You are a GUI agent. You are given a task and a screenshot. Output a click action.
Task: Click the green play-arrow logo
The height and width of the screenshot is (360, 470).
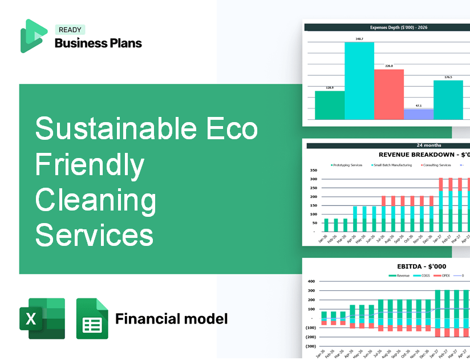tap(33, 36)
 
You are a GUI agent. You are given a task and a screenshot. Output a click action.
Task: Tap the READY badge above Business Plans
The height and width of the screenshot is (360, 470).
tap(70, 30)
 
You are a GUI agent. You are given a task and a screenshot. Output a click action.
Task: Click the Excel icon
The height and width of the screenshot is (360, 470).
tap(42, 318)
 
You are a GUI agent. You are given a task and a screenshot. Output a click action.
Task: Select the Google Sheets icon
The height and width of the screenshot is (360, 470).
tap(92, 318)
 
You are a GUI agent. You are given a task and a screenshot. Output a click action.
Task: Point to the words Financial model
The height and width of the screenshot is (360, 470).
tap(171, 318)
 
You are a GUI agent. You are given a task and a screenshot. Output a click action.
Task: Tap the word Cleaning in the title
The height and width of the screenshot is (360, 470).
tap(96, 200)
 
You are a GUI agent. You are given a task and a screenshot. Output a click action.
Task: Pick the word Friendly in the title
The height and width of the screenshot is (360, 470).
tap(90, 164)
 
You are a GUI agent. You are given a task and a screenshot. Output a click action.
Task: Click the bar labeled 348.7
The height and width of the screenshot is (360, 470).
tap(359, 80)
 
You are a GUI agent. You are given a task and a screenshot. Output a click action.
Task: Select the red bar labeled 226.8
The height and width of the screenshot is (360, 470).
tap(388, 94)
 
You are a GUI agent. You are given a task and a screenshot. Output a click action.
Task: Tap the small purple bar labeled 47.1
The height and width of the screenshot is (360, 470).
tap(418, 114)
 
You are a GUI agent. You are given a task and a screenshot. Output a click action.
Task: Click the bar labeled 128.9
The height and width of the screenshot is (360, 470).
tap(330, 105)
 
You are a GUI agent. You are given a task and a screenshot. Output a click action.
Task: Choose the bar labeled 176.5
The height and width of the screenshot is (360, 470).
tap(448, 100)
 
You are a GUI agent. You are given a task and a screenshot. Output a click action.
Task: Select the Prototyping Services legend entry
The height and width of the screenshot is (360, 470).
tap(347, 165)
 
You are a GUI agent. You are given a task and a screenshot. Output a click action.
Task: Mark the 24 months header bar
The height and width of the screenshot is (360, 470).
tap(388, 145)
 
